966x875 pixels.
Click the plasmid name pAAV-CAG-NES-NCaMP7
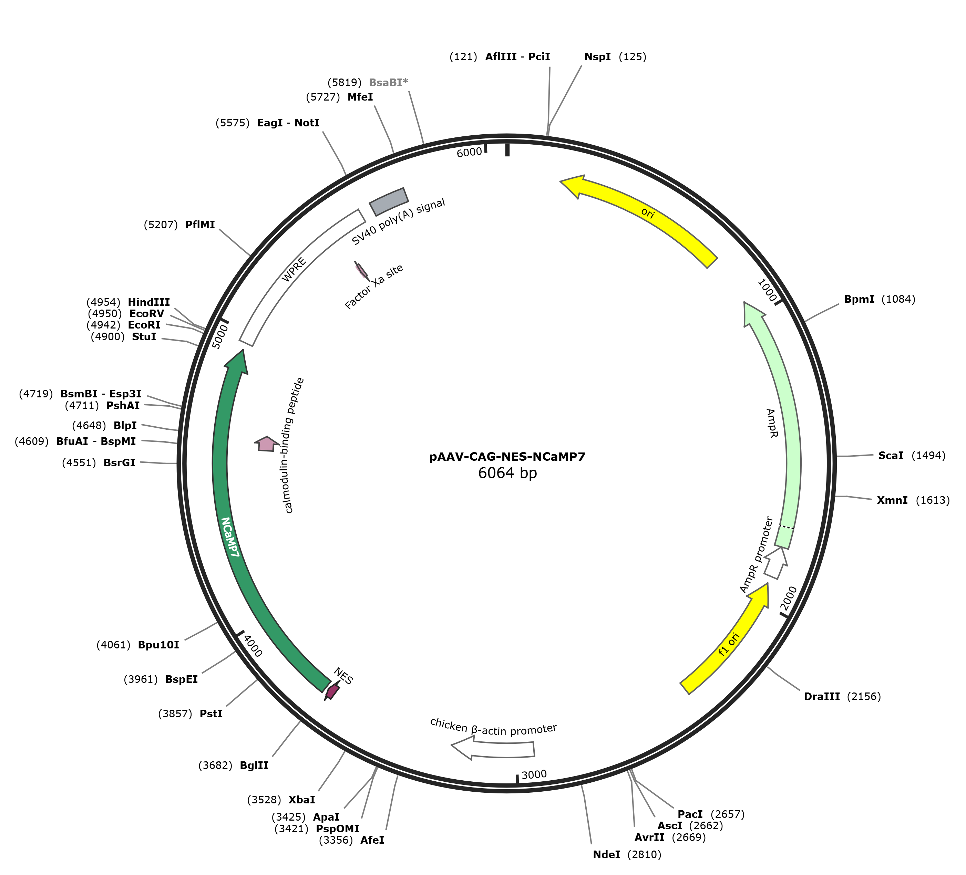[507, 456]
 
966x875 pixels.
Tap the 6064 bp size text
[507, 473]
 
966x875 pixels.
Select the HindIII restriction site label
[148, 302]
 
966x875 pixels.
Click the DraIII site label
[821, 696]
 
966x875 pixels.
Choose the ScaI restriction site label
[890, 456]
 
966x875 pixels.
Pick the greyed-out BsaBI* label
[388, 82]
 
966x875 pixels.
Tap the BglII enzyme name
[254, 765]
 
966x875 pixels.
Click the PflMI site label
[200, 225]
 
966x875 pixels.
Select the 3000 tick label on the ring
[534, 775]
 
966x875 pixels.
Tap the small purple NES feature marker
[332, 691]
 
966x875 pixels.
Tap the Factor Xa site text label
[374, 287]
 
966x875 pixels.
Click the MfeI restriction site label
[360, 97]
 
